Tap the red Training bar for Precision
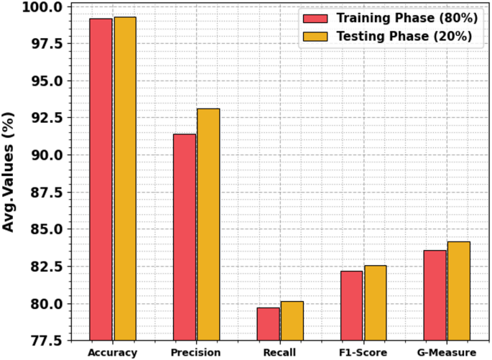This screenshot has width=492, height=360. point(185,236)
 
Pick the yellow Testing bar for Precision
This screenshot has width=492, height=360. point(208,223)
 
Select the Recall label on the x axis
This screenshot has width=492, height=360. point(279,352)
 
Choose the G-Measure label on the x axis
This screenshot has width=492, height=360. point(446,352)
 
